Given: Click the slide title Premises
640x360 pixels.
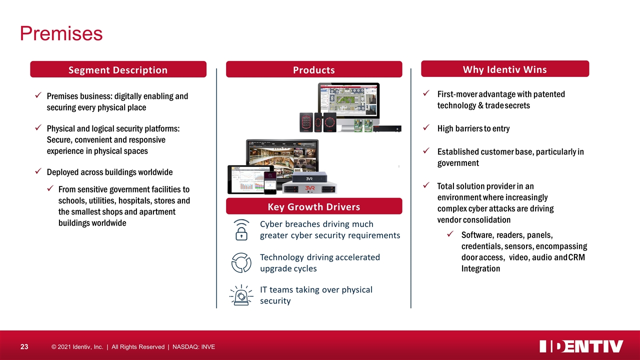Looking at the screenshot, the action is (x=61, y=33).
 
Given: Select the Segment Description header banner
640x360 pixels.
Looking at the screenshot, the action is (x=118, y=69).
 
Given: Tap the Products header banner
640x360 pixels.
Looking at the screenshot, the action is (x=314, y=69).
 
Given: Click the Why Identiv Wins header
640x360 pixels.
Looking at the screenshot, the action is (x=505, y=69).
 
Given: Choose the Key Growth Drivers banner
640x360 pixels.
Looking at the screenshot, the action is (x=314, y=206).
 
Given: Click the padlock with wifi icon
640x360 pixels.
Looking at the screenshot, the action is (x=241, y=230).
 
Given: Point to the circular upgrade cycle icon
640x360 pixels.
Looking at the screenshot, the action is (x=241, y=262).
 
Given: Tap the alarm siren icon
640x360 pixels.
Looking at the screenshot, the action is (x=241, y=295).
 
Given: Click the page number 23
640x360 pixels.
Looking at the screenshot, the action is (x=24, y=347).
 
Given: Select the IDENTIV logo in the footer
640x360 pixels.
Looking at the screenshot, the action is (x=581, y=346).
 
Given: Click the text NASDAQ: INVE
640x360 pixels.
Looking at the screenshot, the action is (x=193, y=347).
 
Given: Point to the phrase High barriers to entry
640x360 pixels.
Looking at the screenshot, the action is (x=473, y=128).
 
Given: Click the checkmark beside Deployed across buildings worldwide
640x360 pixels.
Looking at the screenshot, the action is (x=38, y=171).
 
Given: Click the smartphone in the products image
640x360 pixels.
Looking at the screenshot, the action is (x=270, y=183).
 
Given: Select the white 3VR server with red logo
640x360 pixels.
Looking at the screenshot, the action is (x=309, y=188).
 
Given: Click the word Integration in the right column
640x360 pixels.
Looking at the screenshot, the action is (x=480, y=268).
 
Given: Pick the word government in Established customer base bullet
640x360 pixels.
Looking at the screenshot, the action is (x=458, y=163).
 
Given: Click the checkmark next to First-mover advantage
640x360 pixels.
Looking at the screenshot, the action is (x=426, y=93).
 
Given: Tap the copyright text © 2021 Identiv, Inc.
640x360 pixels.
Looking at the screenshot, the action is (x=77, y=347).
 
